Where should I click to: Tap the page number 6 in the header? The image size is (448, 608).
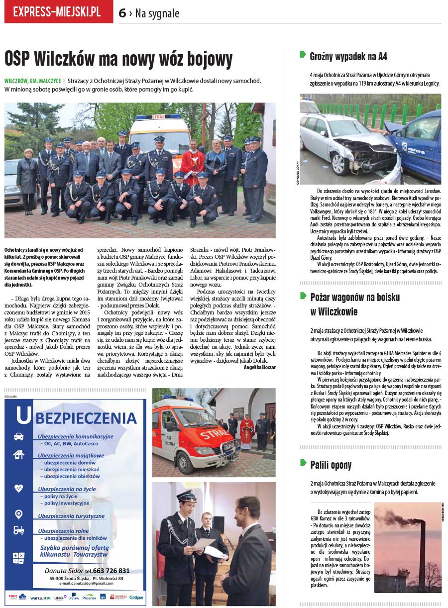coord(122,13)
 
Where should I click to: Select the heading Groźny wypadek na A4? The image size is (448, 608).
coord(348,56)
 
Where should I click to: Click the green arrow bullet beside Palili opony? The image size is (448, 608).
coord(303,463)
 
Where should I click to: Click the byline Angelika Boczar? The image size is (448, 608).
coord(259,367)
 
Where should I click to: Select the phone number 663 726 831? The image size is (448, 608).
coord(111,571)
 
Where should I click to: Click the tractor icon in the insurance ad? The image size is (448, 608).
coord(19,530)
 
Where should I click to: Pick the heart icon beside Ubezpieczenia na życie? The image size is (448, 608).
coord(19,488)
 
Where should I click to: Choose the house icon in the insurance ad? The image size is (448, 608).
coord(19,454)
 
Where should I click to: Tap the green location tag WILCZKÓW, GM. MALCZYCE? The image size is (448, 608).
coord(33,81)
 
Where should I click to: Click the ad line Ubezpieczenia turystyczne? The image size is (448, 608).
coord(72,516)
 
